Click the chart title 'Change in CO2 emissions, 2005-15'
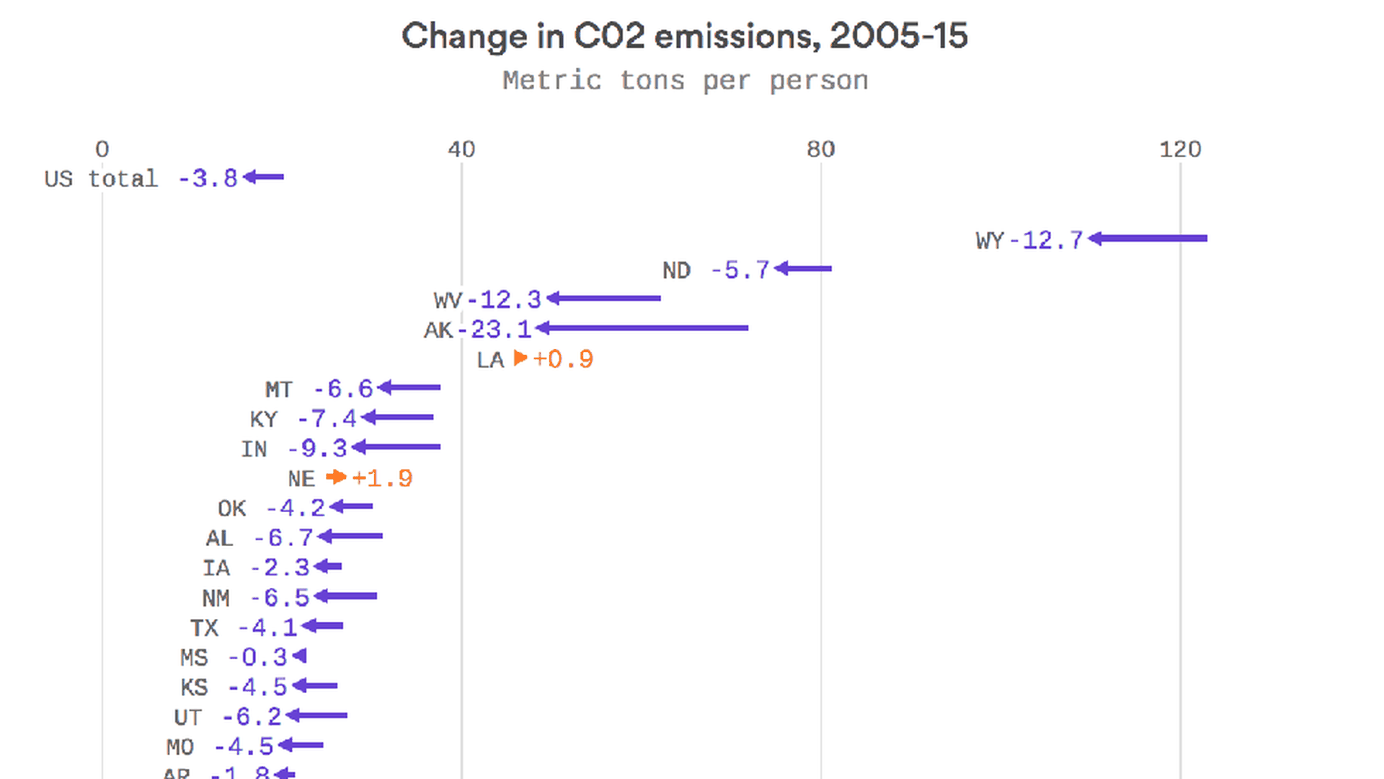(684, 36)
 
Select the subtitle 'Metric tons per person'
(685, 80)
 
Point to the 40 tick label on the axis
(461, 149)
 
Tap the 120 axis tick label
(1180, 149)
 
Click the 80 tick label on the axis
(820, 149)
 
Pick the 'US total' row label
(101, 178)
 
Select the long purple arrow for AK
(642, 328)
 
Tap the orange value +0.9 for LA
(563, 359)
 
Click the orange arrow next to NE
(336, 477)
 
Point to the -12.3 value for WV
(505, 299)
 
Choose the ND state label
(676, 270)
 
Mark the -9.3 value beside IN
(318, 449)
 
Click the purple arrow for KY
(398, 417)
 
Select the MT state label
(278, 389)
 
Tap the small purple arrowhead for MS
(300, 656)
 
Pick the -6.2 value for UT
(252, 717)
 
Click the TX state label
(204, 628)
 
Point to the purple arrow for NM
(345, 596)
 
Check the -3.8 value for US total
(208, 178)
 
